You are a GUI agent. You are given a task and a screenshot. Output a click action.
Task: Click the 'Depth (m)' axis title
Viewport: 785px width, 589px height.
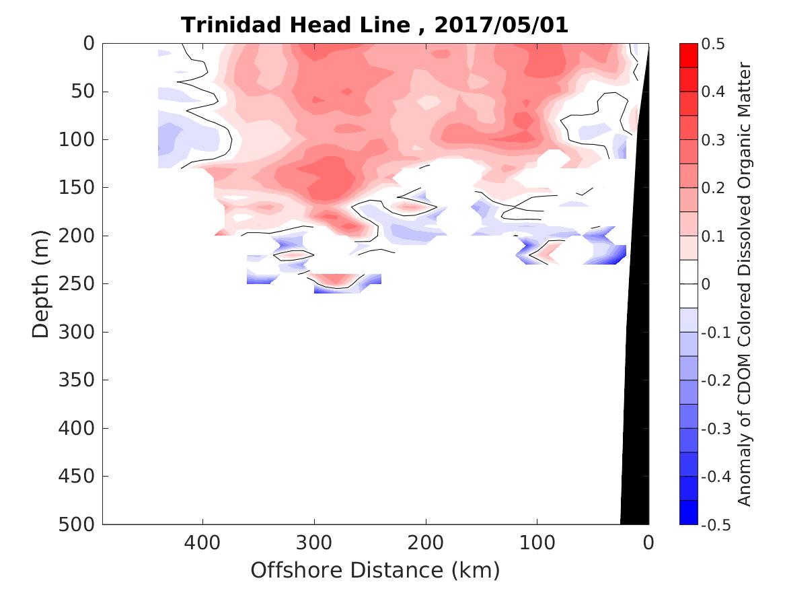41,284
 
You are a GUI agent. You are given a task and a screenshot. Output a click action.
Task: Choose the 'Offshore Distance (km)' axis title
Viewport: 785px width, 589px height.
375,570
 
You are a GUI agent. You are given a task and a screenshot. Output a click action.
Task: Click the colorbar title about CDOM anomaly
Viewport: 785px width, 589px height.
744,284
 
